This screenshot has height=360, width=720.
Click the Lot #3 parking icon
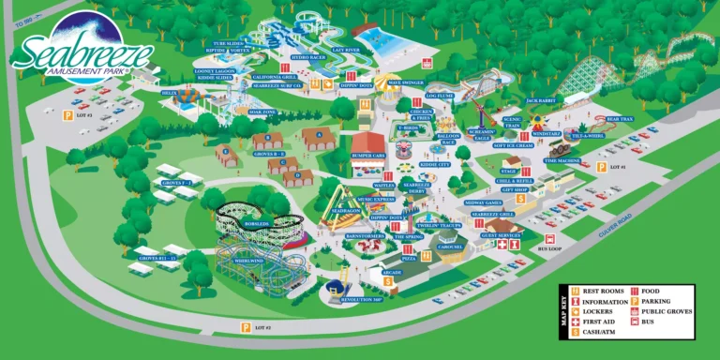(67, 114)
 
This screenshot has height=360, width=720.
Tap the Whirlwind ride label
(249, 261)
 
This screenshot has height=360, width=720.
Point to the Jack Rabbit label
(541, 99)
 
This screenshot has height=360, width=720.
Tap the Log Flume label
(440, 95)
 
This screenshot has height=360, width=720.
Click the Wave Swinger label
(406, 82)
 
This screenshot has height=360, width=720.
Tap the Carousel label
(451, 247)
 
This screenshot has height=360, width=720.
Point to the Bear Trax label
(621, 119)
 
